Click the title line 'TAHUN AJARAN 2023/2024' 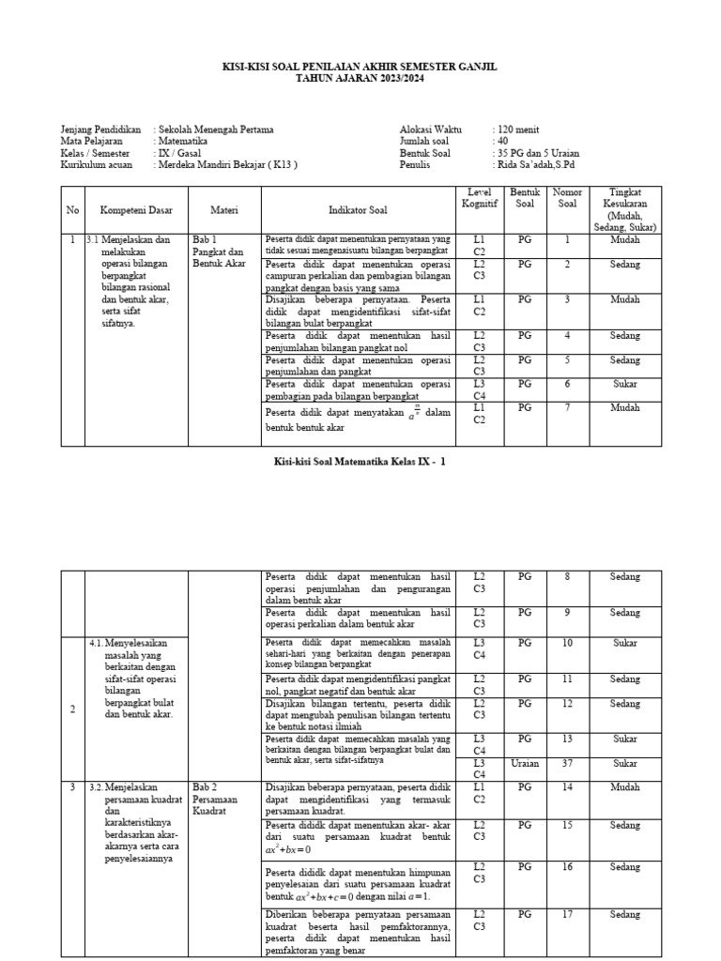tap(360, 81)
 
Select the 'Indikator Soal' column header tap(357, 210)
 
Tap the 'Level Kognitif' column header tap(479, 198)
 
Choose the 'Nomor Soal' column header tap(567, 198)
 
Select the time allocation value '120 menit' tap(518, 130)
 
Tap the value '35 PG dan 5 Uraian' tap(540, 153)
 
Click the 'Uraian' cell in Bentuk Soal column tap(525, 763)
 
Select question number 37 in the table tap(567, 763)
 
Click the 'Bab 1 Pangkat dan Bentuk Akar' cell tap(218, 252)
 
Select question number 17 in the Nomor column tap(567, 914)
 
